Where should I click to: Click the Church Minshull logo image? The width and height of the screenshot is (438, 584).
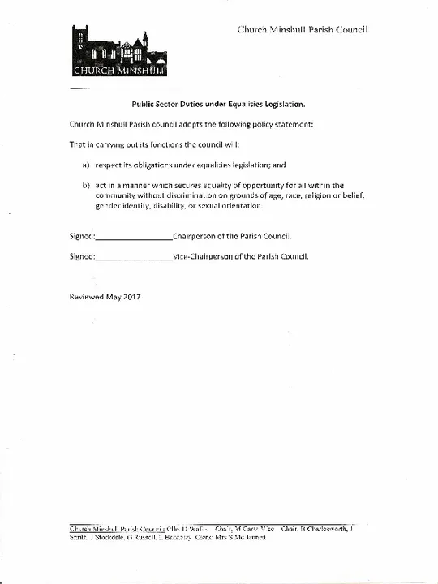[x=119, y=50]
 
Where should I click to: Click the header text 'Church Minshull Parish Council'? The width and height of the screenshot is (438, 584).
[x=303, y=29]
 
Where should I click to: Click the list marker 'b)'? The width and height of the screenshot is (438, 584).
[x=85, y=185]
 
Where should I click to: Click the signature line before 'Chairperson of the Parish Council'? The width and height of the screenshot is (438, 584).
[x=134, y=238]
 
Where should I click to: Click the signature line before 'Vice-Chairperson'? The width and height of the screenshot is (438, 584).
[x=134, y=257]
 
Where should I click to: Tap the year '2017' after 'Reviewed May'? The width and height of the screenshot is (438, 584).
[x=132, y=297]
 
